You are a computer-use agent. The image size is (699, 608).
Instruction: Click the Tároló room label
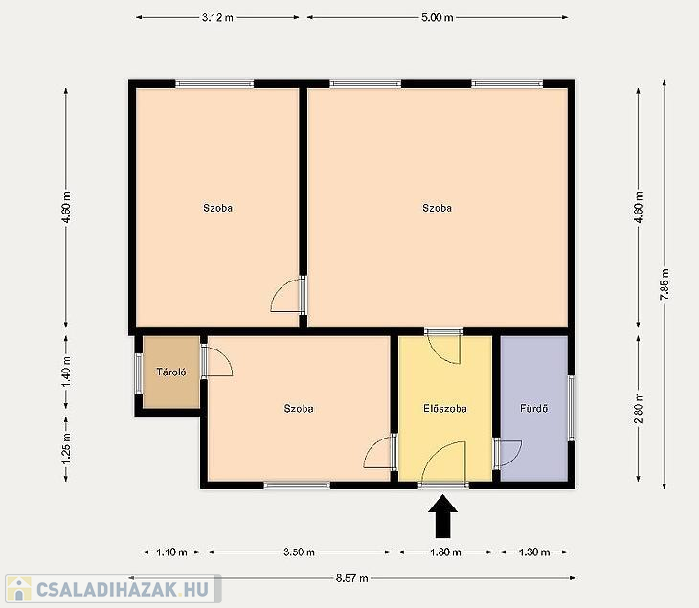tap(171, 372)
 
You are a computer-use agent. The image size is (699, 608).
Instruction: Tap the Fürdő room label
tap(534, 408)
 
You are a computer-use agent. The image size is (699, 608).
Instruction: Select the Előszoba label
tap(445, 408)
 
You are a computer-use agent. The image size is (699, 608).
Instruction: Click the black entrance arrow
tap(443, 516)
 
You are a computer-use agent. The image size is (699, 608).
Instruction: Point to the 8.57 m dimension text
tap(352, 578)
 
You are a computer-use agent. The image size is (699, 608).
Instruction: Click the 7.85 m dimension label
tap(665, 284)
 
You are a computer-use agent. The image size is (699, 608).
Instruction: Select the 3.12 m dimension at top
tap(217, 18)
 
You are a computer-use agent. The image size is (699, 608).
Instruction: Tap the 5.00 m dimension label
tap(438, 18)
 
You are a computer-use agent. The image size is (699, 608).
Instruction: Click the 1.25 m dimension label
tap(66, 449)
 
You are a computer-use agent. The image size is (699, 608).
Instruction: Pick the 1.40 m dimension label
tap(66, 372)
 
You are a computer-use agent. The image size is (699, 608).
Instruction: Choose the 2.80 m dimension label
tap(639, 408)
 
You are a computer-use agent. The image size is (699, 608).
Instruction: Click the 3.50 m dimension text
tap(299, 552)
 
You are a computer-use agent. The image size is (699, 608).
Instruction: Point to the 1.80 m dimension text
tap(445, 552)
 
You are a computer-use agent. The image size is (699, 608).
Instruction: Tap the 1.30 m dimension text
tap(534, 552)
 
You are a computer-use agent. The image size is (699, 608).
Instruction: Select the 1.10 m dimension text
tap(171, 552)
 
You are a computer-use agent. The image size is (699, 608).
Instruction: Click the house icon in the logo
tap(18, 589)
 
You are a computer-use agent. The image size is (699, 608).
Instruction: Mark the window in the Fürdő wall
tap(571, 408)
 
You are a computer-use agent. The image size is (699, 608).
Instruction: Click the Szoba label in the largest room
tap(437, 208)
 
